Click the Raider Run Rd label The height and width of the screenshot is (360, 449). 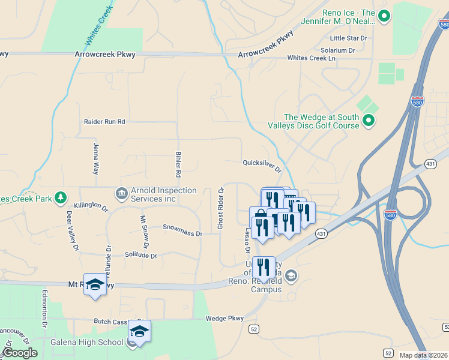[x=104, y=122]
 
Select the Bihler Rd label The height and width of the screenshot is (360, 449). [x=178, y=164]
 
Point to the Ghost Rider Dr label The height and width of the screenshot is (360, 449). [x=220, y=209]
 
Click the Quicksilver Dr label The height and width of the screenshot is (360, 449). [x=262, y=163]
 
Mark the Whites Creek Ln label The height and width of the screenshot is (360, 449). [x=311, y=58]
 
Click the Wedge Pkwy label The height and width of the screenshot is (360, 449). [x=225, y=319]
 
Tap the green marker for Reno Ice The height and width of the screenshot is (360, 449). [x=384, y=16]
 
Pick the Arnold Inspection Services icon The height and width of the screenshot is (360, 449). [x=121, y=194]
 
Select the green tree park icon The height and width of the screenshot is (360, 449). [x=60, y=197]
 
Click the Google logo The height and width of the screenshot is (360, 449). [x=20, y=353]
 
